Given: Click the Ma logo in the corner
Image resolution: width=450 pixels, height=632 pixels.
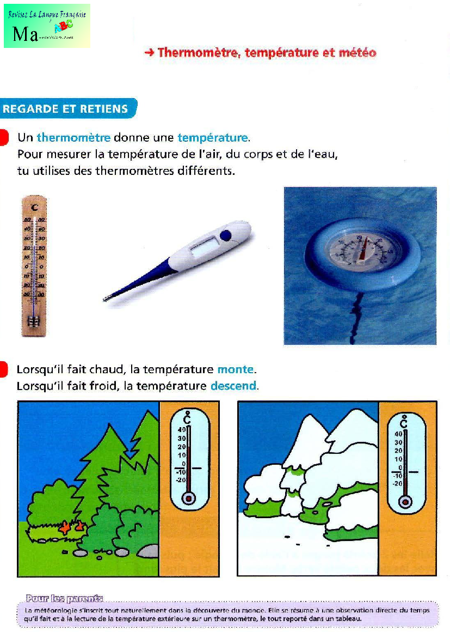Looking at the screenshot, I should pos(47,26).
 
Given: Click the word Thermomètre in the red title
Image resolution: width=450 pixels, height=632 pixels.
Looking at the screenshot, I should pos(198,53).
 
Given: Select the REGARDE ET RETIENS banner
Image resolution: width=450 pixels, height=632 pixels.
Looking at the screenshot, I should pos(66,108).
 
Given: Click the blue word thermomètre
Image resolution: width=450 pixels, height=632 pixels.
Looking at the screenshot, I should pos(73,138).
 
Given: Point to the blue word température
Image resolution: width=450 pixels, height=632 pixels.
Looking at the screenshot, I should pos(212,138).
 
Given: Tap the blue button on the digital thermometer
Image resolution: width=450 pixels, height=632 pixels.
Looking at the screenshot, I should pos(225,235).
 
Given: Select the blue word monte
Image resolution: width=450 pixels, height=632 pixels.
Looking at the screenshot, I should pos(235,369).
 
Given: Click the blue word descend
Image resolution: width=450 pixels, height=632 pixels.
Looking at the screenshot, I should pos(233,386).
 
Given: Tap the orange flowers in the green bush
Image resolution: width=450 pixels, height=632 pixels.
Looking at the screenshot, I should pos(72,527).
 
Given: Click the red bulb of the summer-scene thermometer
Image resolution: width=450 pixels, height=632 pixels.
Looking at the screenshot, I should pos(188,498).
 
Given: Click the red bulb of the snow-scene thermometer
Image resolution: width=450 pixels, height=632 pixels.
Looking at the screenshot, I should pos(405,502).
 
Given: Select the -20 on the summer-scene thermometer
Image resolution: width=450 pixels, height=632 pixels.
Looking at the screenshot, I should pos(181,479).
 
